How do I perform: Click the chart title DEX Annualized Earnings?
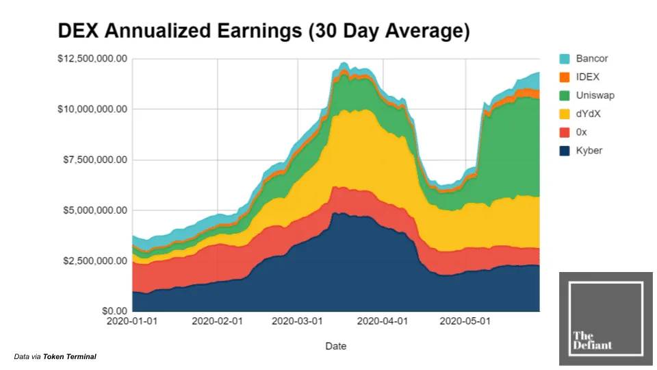pos(263,32)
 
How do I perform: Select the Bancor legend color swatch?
pos(565,59)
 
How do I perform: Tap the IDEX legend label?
pos(588,77)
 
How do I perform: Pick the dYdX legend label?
pos(589,114)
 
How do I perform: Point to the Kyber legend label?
pos(589,150)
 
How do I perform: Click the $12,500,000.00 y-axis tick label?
pos(92,59)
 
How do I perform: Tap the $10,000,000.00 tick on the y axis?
pos(92,109)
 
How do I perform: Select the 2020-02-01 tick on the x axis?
pos(217,321)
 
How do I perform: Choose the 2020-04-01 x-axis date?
pos(383,321)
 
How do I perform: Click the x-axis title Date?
pos(335,346)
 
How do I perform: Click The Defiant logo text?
pos(592,340)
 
